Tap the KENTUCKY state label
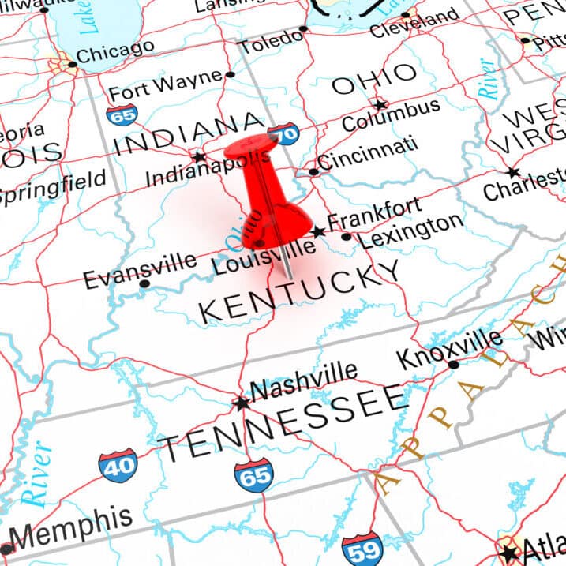pos(300,294)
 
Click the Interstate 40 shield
pos(117,466)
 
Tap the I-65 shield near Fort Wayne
pos(122,115)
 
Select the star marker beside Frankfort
pos(318,232)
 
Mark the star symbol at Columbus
pos(380,104)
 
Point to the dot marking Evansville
pos(144,283)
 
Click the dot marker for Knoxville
pos(453,364)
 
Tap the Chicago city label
pos(115,52)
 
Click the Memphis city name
pos(71,531)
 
